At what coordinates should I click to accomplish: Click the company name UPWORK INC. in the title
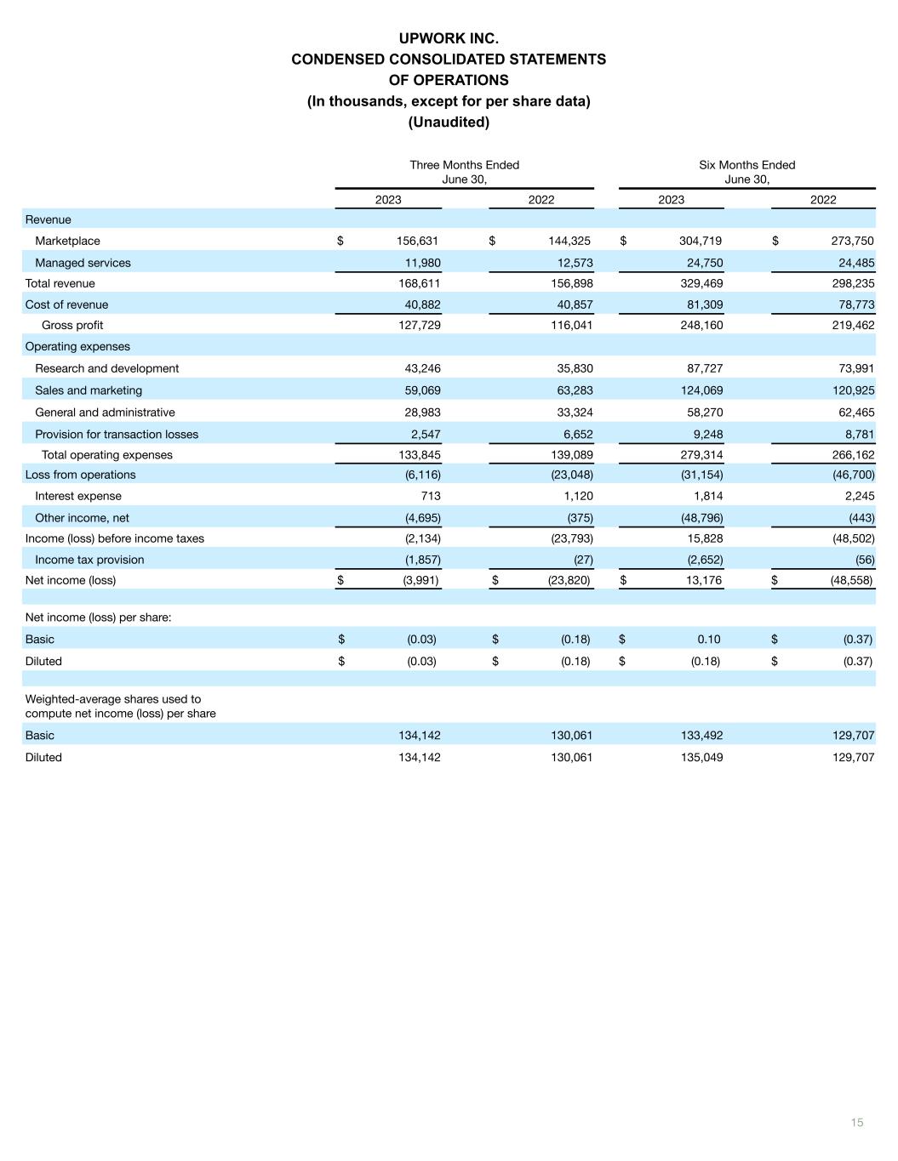tap(449, 38)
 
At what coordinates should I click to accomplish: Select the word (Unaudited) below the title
tap(449, 122)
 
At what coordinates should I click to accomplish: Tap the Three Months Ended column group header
tap(464, 165)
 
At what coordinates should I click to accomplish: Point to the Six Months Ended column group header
tap(746, 165)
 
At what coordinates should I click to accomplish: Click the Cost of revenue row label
tap(66, 304)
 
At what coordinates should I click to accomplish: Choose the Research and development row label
tap(106, 368)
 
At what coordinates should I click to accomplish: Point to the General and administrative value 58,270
tap(701, 413)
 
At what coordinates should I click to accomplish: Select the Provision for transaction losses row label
tap(117, 435)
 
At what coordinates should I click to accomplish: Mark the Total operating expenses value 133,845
tap(419, 455)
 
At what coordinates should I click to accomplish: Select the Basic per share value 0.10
tap(708, 640)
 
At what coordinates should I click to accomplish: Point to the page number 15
tap(857, 1123)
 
